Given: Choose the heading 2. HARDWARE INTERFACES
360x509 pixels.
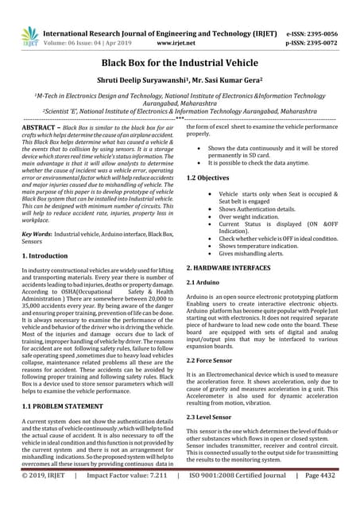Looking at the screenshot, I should (x=235, y=269).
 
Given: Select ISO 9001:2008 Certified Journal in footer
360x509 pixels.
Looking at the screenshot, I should (x=238, y=499).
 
